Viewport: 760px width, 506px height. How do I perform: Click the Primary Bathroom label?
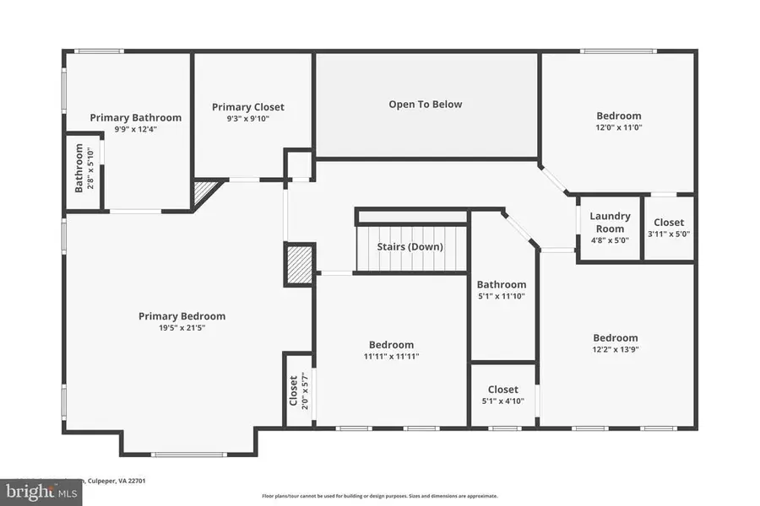[x=135, y=118]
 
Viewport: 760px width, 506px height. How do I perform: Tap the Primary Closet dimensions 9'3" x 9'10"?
[x=247, y=119]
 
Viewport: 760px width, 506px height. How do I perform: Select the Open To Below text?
[x=426, y=105]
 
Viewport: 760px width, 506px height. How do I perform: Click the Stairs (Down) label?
[x=411, y=247]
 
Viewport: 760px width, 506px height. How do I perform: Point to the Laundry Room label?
[x=610, y=223]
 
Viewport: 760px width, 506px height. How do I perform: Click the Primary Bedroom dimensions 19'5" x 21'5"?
[x=182, y=327]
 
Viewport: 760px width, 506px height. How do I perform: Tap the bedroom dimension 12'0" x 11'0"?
[x=618, y=127]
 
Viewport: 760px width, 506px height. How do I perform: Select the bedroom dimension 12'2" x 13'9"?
[x=615, y=349]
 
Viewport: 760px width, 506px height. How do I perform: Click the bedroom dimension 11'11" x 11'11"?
[x=391, y=356]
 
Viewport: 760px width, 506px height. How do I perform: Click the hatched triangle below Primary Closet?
[x=205, y=191]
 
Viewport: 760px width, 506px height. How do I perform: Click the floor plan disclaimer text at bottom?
[x=380, y=496]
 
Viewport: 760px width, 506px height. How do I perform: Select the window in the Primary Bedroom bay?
[x=188, y=455]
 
